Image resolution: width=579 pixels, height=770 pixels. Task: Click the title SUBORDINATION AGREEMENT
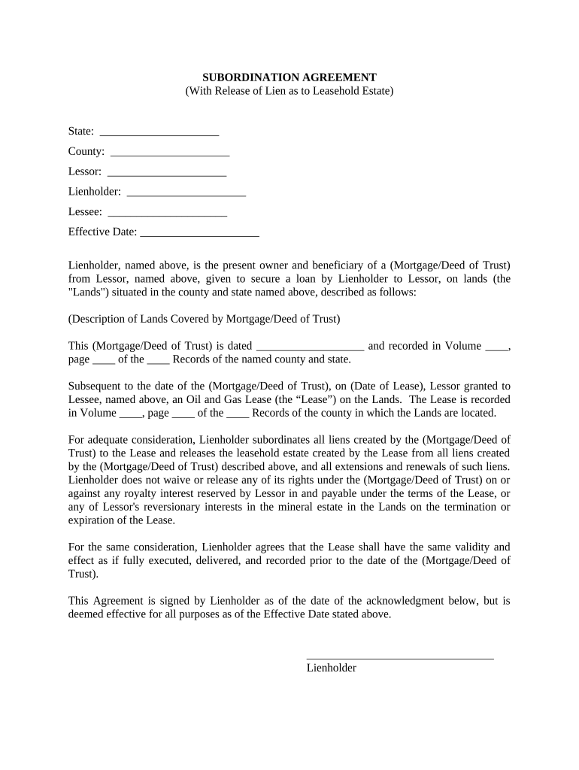click(289, 77)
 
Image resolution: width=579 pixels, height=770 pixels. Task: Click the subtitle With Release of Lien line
click(289, 91)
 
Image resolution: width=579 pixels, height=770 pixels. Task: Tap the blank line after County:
click(169, 153)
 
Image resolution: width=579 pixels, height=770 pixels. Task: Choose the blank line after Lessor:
click(166, 174)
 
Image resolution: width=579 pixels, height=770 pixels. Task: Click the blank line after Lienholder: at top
click(186, 194)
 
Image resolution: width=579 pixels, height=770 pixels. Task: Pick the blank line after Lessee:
click(167, 214)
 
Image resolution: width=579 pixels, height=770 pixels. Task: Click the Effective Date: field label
click(102, 232)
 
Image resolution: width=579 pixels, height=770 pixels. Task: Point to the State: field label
click(81, 131)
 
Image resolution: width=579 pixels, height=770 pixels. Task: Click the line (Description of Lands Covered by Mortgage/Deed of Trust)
click(204, 319)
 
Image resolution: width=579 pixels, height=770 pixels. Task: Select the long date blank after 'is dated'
click(310, 347)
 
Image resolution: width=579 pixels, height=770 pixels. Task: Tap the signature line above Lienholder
click(400, 658)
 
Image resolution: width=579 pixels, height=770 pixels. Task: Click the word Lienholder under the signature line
click(331, 668)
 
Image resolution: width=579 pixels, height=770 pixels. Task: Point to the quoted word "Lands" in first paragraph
click(88, 292)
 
